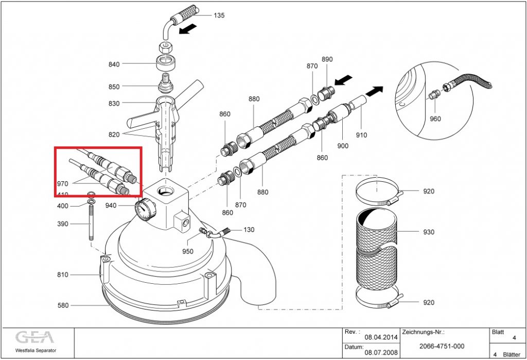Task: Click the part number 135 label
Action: [219, 15]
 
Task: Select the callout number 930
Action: [428, 232]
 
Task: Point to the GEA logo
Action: [34, 338]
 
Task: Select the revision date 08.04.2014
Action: [381, 337]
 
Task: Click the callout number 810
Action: [63, 275]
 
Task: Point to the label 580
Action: [63, 306]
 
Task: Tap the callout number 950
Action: [187, 252]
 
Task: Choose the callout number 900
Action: [342, 146]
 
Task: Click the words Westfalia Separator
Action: [36, 351]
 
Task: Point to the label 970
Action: [63, 183]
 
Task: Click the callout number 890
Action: [327, 60]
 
